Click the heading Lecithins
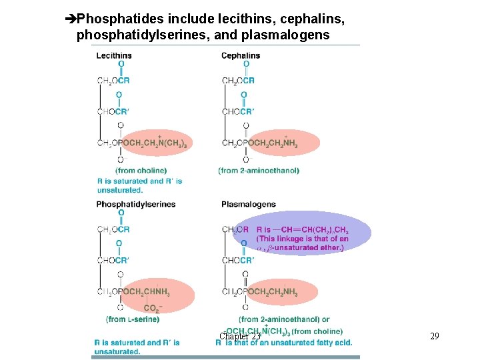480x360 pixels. point(114,55)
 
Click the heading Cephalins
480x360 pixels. point(241,55)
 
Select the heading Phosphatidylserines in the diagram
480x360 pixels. point(136,204)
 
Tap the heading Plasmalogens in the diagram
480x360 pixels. point(249,204)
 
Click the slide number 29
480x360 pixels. point(435,337)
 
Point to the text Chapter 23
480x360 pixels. point(239,337)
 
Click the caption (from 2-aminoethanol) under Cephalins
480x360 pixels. point(259,171)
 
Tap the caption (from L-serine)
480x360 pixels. point(133,319)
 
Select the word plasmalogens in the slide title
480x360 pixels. point(290,34)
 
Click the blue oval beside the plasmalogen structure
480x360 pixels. point(301,233)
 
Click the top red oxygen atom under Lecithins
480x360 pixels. point(121,65)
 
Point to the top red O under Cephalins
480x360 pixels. point(246,65)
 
